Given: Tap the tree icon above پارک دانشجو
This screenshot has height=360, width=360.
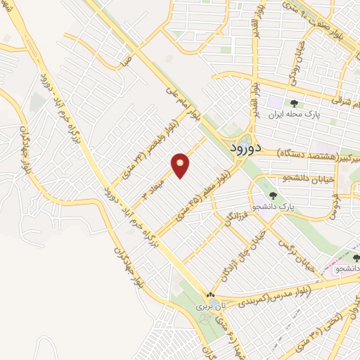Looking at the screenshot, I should click(x=273, y=196).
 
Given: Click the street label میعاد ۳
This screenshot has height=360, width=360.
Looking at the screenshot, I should click(x=155, y=183).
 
